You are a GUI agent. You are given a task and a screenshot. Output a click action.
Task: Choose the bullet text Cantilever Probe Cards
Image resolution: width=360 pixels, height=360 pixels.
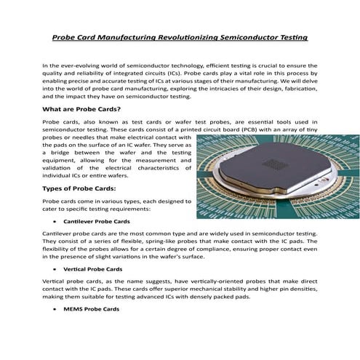tap(97, 220)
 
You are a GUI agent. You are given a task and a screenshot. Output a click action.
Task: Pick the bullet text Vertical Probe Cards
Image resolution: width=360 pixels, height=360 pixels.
tap(92, 269)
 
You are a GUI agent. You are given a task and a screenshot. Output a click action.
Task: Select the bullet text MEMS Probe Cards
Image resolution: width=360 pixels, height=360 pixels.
tap(91, 309)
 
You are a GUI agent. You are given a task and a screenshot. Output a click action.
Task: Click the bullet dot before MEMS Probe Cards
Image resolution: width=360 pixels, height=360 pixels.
tap(55, 309)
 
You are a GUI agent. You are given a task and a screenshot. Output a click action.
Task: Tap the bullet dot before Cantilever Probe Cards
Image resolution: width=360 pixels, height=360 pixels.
tap(55, 220)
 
